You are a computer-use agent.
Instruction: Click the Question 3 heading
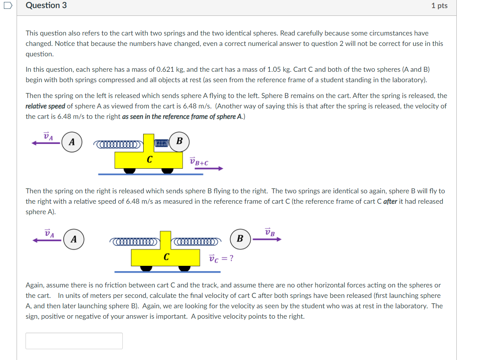46,5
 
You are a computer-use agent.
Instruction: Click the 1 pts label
439,6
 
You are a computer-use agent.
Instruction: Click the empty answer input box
74,341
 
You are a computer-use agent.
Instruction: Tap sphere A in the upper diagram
72,142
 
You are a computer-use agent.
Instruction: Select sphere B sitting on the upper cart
179,141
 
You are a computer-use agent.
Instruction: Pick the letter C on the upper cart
149,159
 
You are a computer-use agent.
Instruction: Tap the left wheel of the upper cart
129,170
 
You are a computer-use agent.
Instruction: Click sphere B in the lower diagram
240,238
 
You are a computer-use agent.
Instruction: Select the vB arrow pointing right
267,239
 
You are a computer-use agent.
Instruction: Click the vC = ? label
221,258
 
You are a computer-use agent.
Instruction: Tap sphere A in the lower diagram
74,239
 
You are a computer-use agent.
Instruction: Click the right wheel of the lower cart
184,268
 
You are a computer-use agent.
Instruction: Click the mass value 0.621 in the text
166,69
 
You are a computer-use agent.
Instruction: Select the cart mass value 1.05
275,69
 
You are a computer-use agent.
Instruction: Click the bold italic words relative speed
45,106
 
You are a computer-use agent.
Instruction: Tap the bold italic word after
390,201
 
